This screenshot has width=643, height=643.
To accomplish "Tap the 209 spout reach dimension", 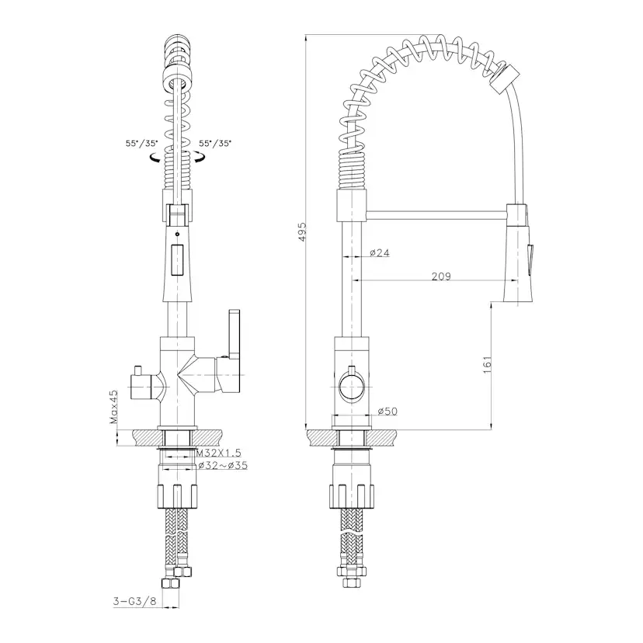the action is [441, 276].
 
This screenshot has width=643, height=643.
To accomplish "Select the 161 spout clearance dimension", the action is [487, 364].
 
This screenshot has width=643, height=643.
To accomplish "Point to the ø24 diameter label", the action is [379, 252].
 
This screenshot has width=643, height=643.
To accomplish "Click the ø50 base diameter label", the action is [388, 411].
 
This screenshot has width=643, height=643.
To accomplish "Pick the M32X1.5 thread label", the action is [219, 453].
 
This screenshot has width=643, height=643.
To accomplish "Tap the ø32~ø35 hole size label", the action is [223, 465].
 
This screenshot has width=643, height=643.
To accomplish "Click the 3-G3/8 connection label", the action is [135, 601].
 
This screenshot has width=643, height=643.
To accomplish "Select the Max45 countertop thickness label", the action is [113, 406].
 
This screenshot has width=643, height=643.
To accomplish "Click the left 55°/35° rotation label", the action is [142, 144].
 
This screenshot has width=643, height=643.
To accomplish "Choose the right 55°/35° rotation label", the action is [215, 144].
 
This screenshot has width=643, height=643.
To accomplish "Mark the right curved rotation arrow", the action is [200, 157].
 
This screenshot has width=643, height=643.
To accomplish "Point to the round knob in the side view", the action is [352, 386].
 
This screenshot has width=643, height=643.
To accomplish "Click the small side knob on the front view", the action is [142, 383].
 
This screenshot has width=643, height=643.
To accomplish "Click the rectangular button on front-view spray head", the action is [177, 259].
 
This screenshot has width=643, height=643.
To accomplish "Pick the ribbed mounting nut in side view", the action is [352, 496].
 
